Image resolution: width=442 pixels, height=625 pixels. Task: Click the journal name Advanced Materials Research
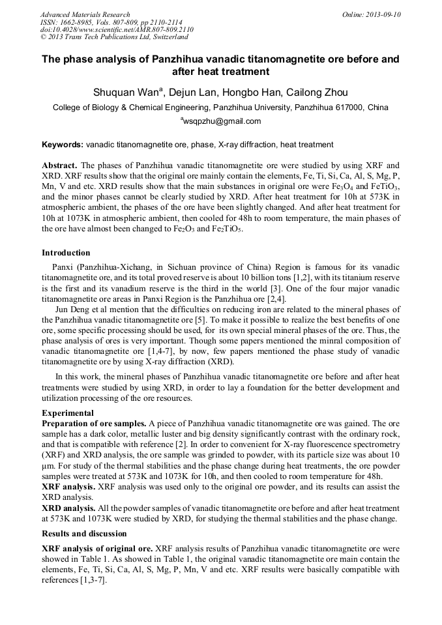(x=85, y=14)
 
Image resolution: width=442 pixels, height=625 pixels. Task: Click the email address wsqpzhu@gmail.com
(x=222, y=121)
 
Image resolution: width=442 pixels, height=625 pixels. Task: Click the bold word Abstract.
(x=59, y=166)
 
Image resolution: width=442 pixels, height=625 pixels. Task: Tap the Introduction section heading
(x=66, y=253)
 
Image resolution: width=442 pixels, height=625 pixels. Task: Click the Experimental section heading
(x=67, y=413)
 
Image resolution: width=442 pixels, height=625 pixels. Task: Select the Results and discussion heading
(x=84, y=534)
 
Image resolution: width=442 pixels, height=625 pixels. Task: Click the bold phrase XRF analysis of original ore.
(x=96, y=549)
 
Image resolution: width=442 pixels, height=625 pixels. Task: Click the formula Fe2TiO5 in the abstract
(x=228, y=229)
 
